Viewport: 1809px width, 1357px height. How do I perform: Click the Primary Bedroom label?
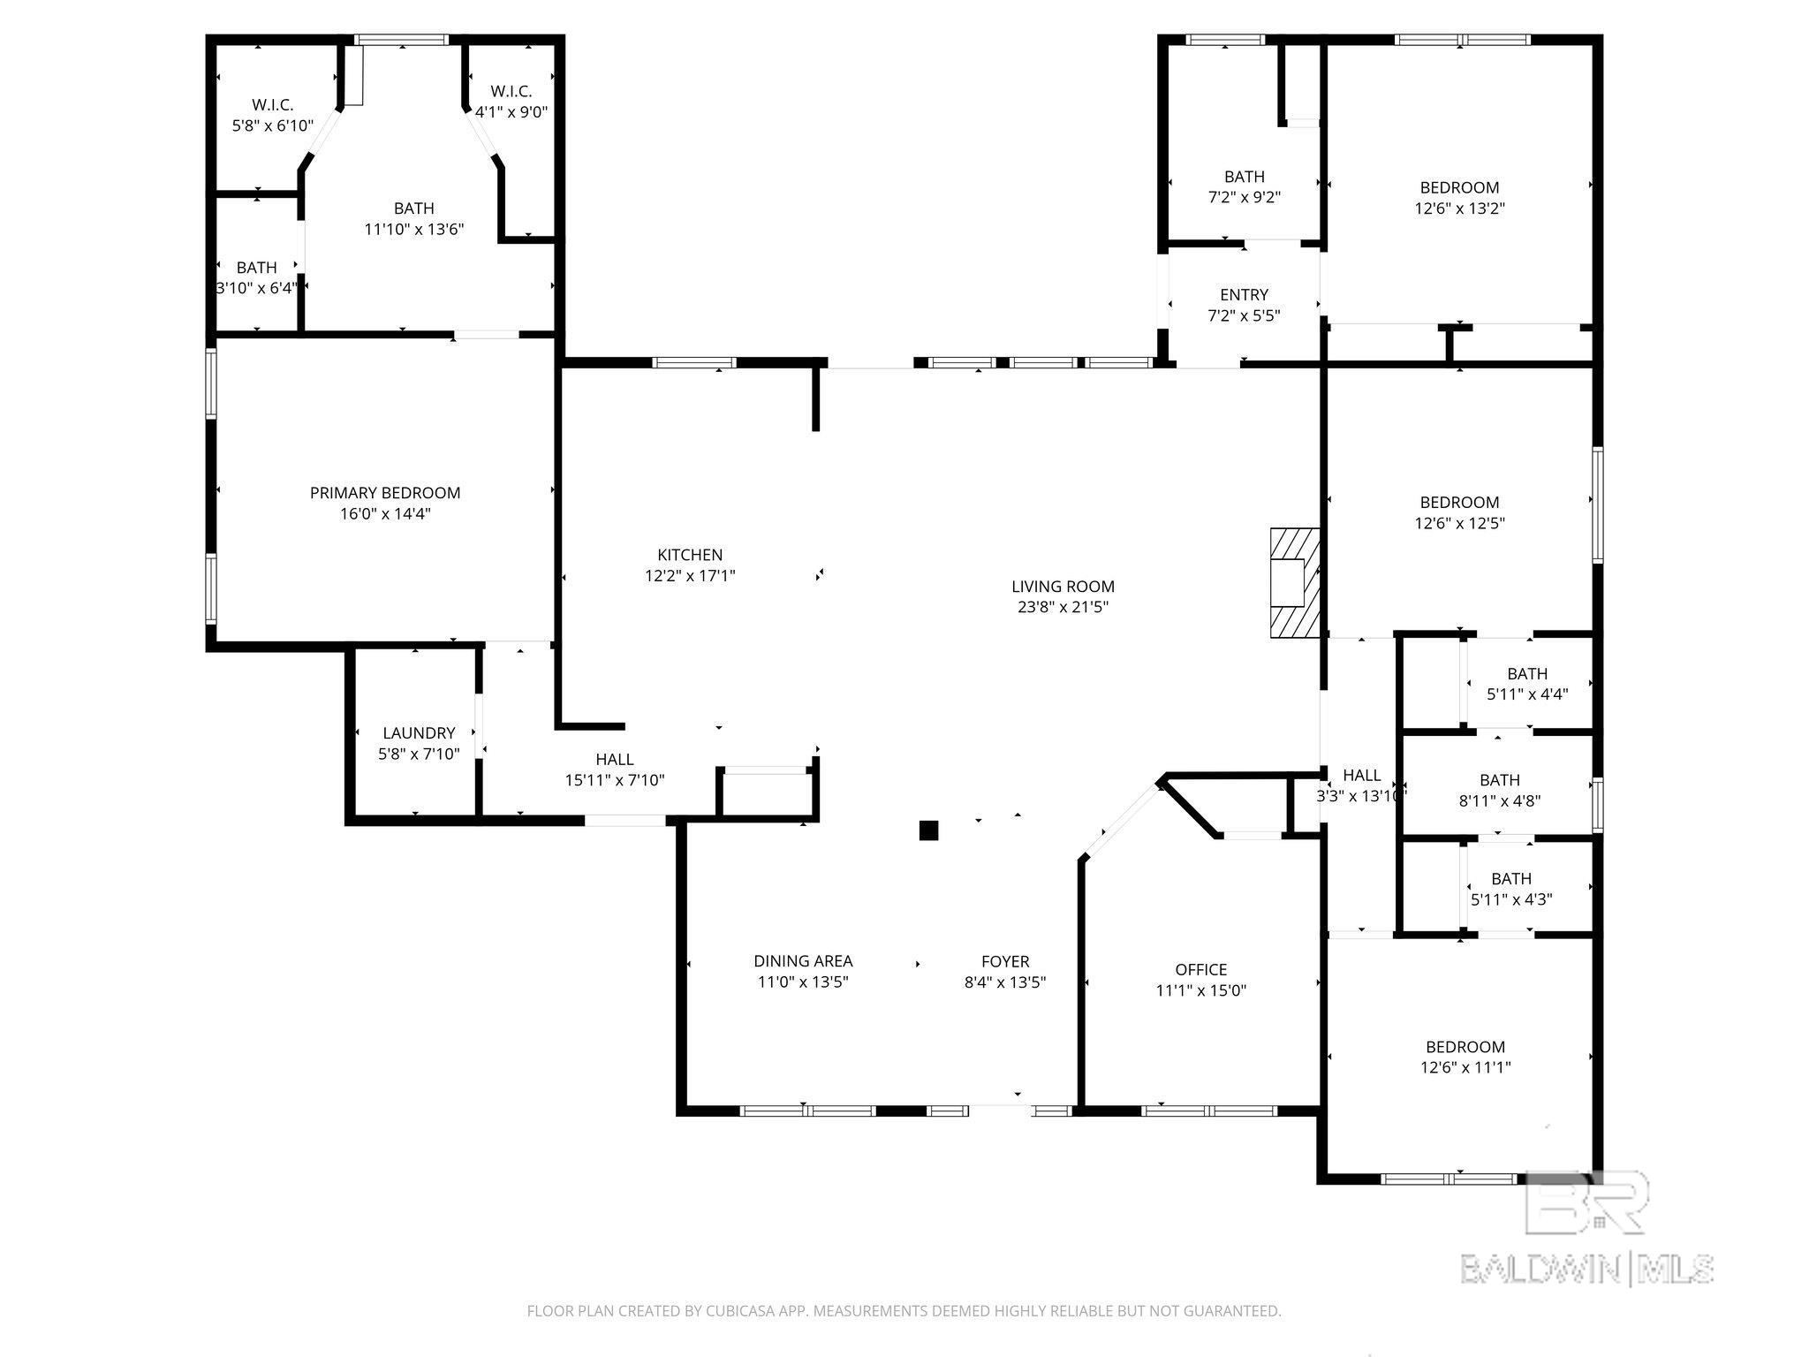tap(385, 493)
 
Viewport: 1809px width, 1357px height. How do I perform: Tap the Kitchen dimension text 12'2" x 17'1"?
tap(690, 576)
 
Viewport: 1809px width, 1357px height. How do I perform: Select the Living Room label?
tap(1063, 587)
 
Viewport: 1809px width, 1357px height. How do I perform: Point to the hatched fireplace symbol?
tap(1295, 583)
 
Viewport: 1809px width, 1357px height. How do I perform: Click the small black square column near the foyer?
tap(928, 830)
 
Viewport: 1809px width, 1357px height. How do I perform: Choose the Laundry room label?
tap(419, 733)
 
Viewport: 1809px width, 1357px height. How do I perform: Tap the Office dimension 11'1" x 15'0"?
tap(1201, 990)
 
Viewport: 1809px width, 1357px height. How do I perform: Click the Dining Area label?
tap(803, 961)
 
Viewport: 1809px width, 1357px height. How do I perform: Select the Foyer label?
tap(1005, 961)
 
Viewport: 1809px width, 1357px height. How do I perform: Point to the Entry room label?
tap(1244, 295)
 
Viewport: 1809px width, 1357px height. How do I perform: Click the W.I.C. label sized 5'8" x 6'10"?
tap(272, 105)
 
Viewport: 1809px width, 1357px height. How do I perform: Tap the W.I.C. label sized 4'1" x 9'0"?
tap(511, 92)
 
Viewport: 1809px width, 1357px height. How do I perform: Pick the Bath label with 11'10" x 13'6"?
tap(414, 208)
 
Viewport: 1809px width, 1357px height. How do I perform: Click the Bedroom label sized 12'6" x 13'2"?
tap(1459, 187)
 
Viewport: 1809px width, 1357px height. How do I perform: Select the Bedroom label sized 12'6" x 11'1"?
tap(1463, 1047)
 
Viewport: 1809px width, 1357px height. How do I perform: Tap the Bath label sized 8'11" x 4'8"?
tap(1500, 780)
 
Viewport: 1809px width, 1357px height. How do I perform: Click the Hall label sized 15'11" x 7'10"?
tap(615, 760)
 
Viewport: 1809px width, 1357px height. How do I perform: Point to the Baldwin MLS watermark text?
tap(1586, 1270)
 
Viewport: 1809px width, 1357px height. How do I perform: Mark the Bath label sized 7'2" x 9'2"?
tap(1245, 177)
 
